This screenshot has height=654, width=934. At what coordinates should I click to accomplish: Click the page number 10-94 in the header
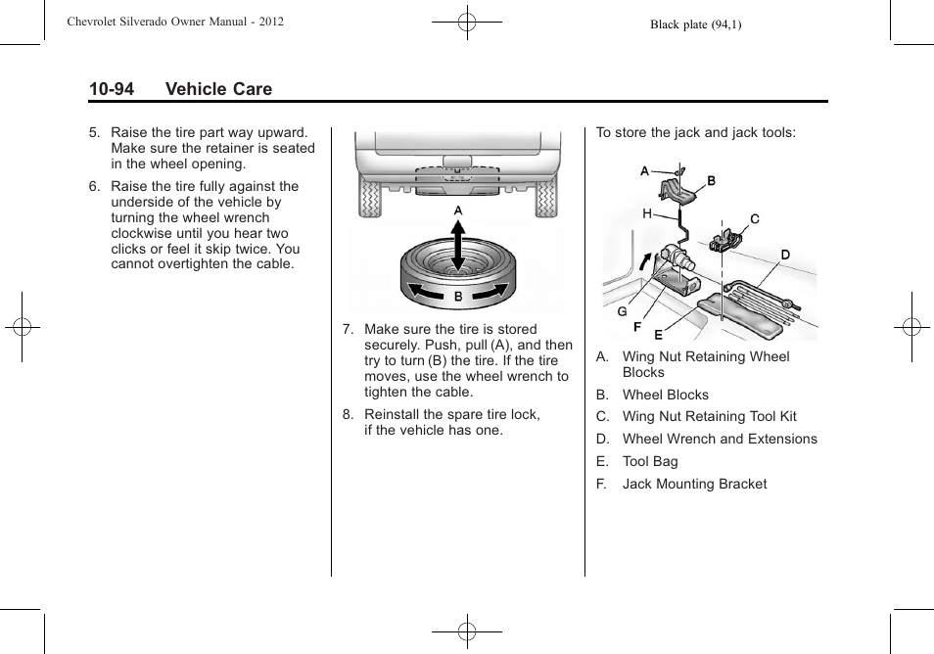tap(111, 89)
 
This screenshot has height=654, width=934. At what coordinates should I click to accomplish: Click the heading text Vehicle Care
tap(218, 89)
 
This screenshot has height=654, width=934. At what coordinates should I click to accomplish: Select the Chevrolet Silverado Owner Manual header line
tap(175, 21)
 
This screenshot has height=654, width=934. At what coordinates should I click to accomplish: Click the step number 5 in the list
tap(94, 132)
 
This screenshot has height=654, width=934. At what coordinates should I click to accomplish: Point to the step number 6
tap(94, 186)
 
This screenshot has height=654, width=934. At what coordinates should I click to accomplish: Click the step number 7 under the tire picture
tap(347, 330)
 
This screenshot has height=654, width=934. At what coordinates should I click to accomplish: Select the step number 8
tap(347, 414)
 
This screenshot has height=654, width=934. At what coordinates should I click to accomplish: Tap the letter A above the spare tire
tap(457, 210)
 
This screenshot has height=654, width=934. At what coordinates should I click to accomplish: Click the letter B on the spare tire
tap(457, 296)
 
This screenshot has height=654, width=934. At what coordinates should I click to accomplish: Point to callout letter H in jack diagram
tap(647, 213)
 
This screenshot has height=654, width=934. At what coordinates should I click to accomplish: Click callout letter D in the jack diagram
tap(785, 255)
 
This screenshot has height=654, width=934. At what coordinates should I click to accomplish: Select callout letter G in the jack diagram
tap(622, 312)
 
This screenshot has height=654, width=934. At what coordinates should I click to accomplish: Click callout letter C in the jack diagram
tap(755, 219)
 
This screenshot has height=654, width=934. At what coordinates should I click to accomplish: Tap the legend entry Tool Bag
tap(650, 461)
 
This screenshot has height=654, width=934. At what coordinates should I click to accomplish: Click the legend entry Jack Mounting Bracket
tap(694, 484)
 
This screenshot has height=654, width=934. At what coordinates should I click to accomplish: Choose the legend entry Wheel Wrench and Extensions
tap(720, 439)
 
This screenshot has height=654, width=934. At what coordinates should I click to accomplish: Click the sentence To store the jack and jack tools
tap(696, 132)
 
